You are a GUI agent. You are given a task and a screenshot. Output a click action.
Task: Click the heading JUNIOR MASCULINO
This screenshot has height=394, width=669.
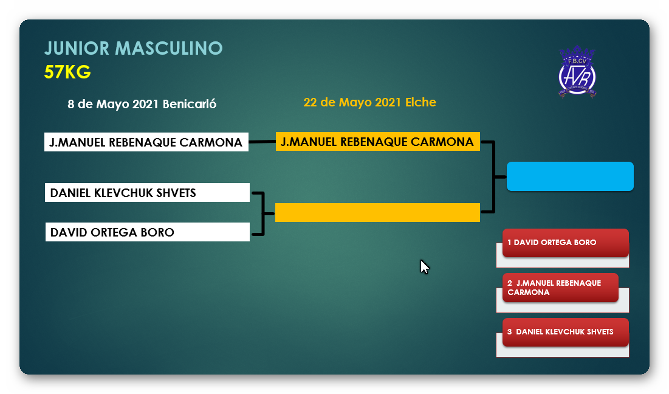click(134, 48)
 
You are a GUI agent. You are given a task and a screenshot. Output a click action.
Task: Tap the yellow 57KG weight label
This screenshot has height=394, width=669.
click(67, 72)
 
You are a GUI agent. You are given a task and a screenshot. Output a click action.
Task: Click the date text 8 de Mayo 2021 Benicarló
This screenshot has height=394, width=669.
click(142, 104)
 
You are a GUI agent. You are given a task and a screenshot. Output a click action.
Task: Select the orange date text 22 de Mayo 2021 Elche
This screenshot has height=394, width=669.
click(369, 102)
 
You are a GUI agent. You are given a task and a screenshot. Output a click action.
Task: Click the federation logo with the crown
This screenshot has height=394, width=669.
click(577, 72)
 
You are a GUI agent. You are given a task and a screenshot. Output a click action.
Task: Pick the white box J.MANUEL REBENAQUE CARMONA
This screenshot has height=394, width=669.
click(146, 142)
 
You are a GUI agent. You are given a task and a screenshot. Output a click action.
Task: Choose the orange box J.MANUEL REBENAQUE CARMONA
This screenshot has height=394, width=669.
click(377, 142)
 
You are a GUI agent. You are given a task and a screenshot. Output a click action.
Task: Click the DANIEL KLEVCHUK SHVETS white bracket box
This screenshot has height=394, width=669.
click(147, 193)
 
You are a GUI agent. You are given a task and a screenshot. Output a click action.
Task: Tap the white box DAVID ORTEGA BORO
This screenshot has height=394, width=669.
click(147, 232)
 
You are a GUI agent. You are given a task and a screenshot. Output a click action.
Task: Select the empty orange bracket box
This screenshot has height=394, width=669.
click(377, 212)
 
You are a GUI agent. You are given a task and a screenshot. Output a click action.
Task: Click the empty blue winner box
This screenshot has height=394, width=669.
click(570, 176)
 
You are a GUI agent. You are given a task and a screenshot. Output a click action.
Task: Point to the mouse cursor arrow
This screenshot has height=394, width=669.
click(424, 266)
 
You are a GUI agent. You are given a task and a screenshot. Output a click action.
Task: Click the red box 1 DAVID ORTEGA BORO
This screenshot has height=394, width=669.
click(565, 243)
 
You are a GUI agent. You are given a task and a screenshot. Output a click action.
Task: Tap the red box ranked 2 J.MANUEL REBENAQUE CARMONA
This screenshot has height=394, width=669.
click(560, 288)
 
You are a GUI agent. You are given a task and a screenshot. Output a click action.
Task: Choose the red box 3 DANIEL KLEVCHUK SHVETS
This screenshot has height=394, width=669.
click(565, 332)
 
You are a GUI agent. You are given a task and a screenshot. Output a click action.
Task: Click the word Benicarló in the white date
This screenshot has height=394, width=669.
click(190, 104)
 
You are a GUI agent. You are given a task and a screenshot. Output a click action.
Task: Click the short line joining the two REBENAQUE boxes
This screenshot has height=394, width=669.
click(262, 142)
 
